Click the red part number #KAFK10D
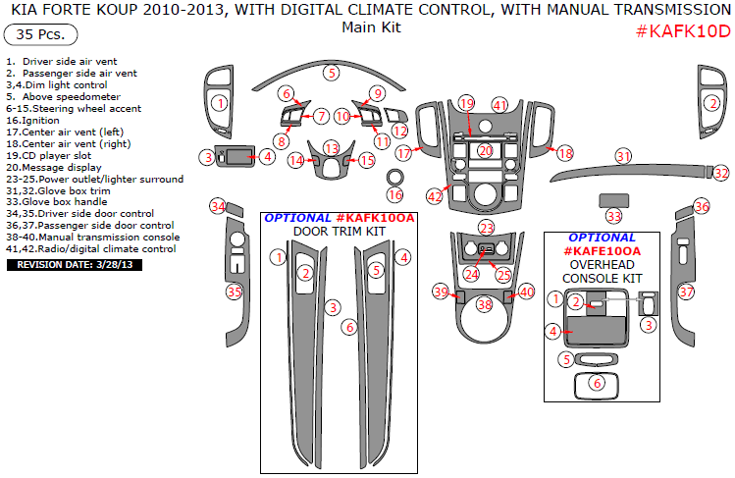(683, 31)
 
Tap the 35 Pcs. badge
(40, 34)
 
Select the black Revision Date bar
(75, 265)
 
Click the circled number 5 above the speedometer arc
(332, 73)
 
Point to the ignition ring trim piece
(394, 178)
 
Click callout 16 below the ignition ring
(395, 194)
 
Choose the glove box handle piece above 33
(613, 200)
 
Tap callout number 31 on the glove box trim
(623, 156)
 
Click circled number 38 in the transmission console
(484, 305)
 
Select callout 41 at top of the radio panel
(499, 105)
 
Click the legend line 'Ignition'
(32, 121)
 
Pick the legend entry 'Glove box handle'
(57, 202)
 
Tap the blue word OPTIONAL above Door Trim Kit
(297, 218)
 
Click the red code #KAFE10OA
(602, 251)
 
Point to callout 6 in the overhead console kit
(597, 384)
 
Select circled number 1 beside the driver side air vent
(220, 103)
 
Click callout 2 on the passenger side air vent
(713, 103)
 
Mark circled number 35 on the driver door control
(234, 292)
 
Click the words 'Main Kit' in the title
(371, 27)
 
